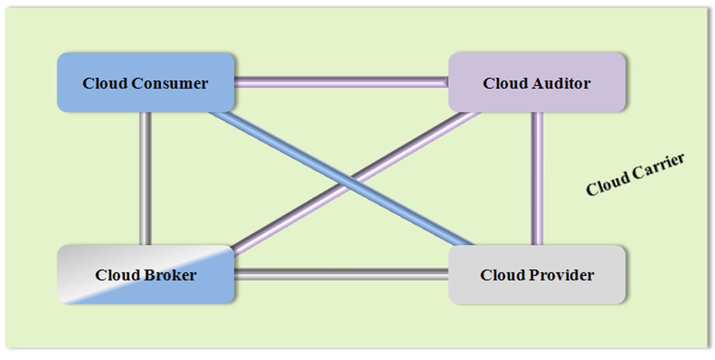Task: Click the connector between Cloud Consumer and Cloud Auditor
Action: (341, 82)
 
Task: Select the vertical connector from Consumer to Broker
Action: (145, 178)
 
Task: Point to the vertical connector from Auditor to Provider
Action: (537, 178)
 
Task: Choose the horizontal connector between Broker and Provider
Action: (341, 275)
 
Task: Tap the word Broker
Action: (170, 275)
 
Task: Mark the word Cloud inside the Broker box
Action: (117, 275)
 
